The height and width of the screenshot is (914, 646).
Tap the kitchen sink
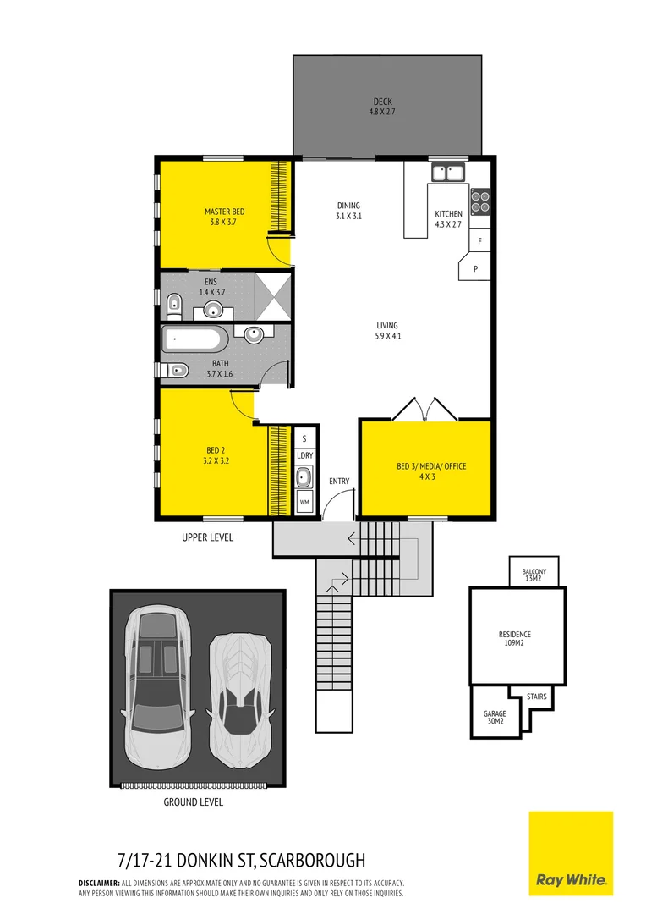pos(448,173)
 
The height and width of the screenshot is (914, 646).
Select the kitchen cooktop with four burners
pos(480,200)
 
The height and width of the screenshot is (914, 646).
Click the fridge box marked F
pos(479,241)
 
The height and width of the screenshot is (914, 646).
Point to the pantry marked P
pos(475,269)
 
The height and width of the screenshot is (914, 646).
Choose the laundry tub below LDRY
pos(304,476)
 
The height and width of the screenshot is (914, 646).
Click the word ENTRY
pos(339,482)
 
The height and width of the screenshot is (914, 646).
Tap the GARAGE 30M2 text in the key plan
pos(493,718)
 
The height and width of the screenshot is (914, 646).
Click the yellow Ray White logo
pos(571,853)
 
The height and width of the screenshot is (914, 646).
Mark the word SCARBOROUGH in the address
pos(313,862)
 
